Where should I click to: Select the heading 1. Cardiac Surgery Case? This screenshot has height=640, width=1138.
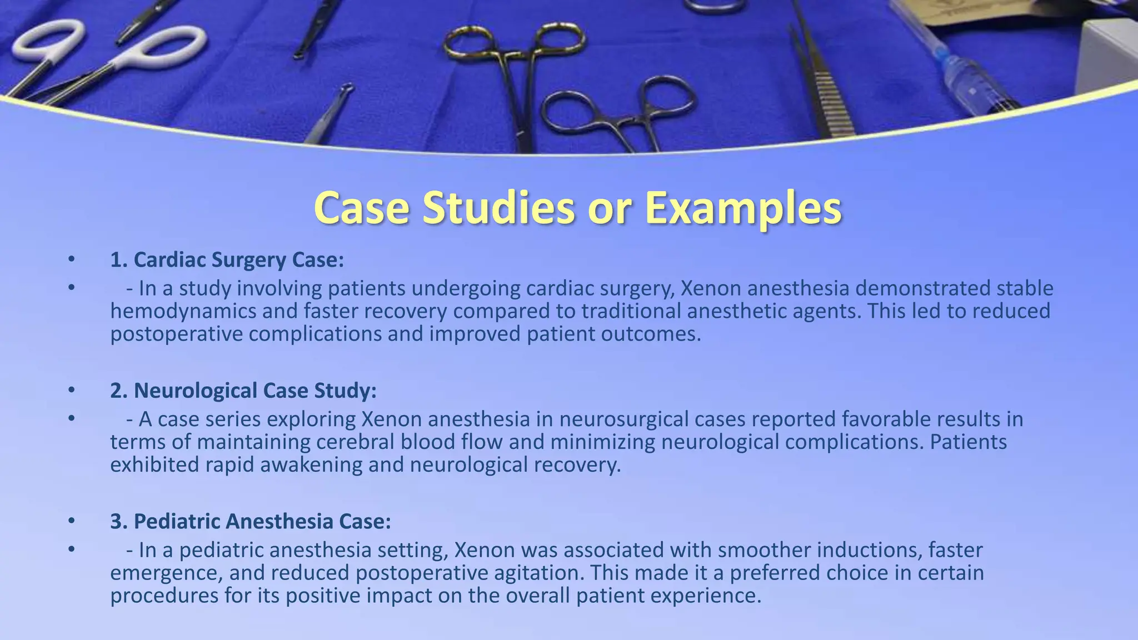click(227, 259)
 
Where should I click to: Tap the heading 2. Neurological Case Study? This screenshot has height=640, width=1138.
click(243, 390)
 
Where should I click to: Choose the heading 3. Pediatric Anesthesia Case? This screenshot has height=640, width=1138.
click(251, 521)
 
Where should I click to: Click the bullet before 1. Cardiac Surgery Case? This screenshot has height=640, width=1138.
click(71, 259)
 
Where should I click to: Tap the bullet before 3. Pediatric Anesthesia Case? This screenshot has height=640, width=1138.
click(71, 521)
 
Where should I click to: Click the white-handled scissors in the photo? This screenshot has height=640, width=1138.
click(106, 56)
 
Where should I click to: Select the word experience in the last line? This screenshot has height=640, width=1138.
click(706, 596)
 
